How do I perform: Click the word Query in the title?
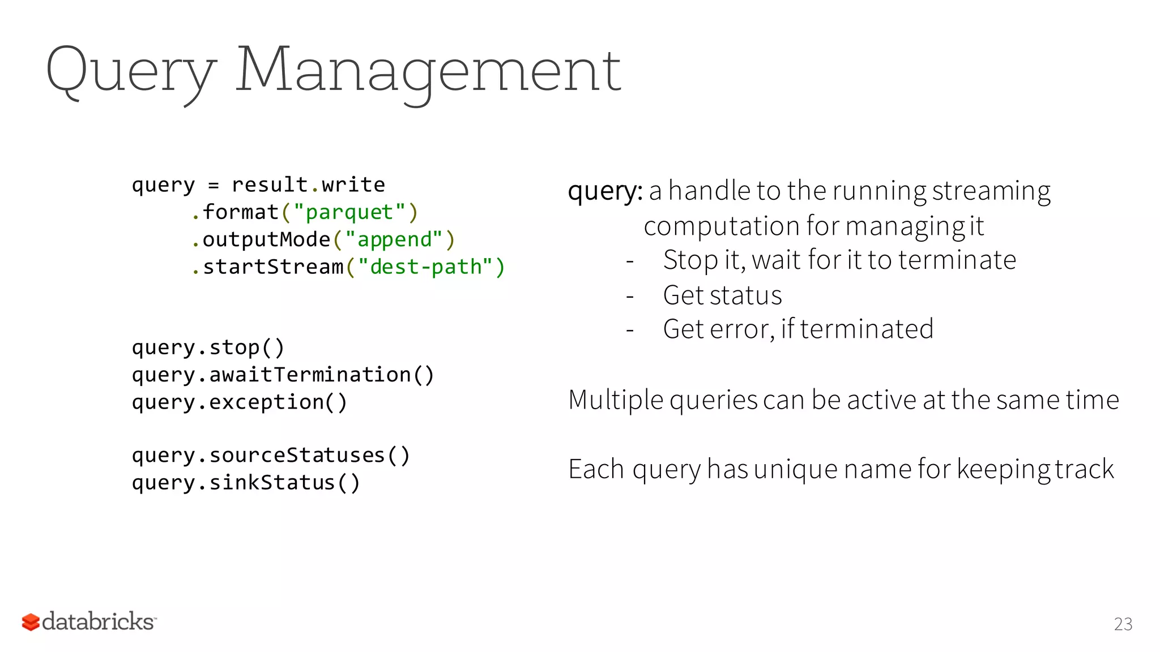[131, 71]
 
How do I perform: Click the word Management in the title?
[428, 71]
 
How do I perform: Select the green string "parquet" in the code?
[349, 212]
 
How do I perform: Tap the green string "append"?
[394, 239]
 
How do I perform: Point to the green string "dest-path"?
[425, 267]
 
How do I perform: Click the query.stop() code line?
[208, 348]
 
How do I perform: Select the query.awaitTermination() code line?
[283, 375]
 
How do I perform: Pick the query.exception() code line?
[239, 402]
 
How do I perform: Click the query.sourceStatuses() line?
[271, 455]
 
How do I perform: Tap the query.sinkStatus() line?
[246, 483]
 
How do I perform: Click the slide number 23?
[1123, 624]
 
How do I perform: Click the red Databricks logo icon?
[31, 622]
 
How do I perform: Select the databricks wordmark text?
[99, 621]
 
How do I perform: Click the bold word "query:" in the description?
[605, 191]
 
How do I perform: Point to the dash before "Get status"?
[630, 296]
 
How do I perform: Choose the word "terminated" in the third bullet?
[867, 329]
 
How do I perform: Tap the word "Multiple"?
[616, 400]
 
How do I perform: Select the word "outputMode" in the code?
[266, 239]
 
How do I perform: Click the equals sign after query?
[214, 186]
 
